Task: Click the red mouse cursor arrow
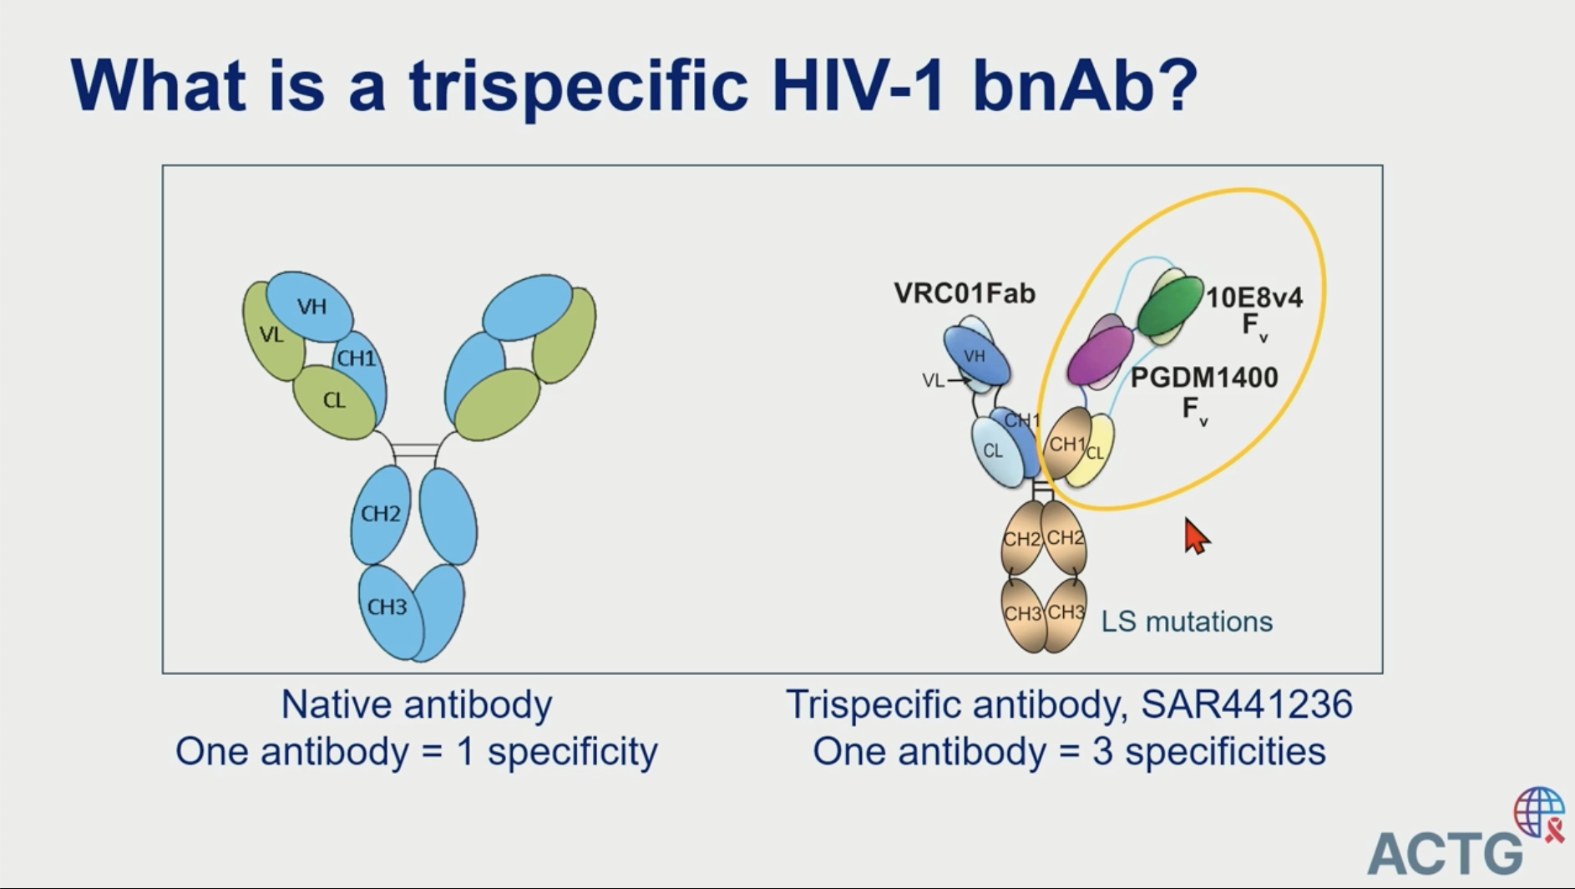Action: point(1196,536)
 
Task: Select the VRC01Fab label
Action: point(965,293)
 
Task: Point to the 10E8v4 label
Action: point(1254,297)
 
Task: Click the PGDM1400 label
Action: point(1204,378)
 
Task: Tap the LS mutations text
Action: point(1187,622)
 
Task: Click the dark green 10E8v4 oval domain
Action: point(1170,306)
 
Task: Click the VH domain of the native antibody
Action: point(310,307)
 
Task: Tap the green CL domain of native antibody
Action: point(334,402)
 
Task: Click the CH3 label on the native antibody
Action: point(387,607)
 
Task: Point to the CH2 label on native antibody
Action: point(381,513)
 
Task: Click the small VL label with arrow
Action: point(944,381)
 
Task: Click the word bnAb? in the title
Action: point(1085,84)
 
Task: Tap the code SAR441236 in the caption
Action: point(1246,704)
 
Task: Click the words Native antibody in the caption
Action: point(416,704)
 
